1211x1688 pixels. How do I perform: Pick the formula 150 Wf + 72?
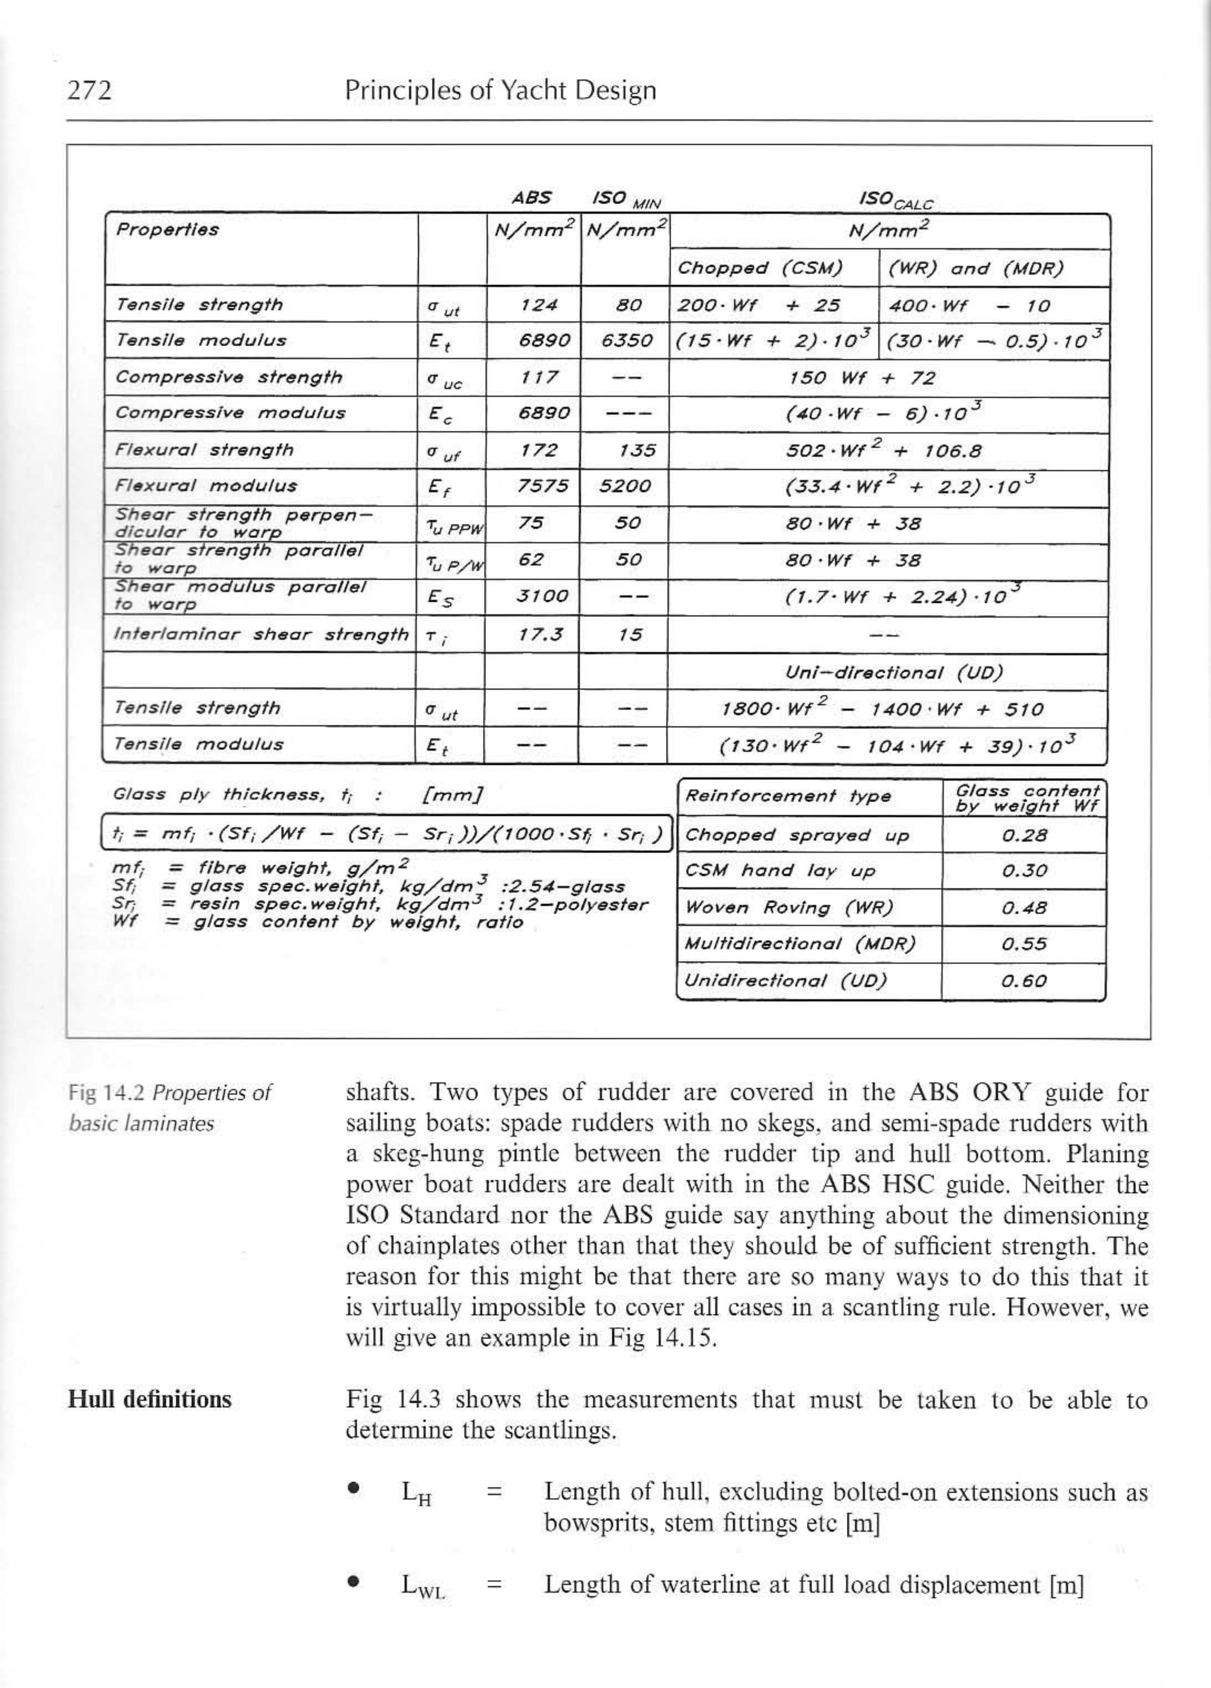tap(861, 378)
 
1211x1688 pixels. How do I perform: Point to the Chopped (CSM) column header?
tap(759, 268)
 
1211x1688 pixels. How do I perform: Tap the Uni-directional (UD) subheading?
tap(894, 672)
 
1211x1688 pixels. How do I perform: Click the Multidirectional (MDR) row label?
tap(798, 944)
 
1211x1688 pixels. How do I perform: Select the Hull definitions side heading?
tap(149, 1399)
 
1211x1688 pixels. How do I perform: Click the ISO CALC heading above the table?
tap(896, 200)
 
